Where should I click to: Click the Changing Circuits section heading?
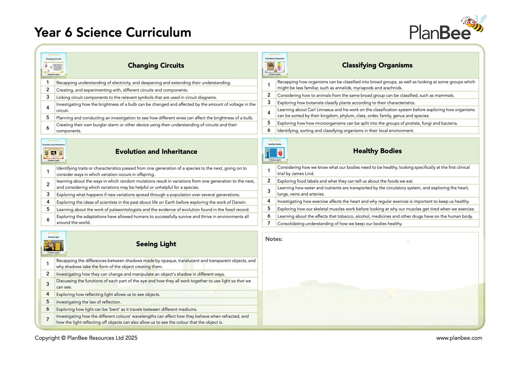pyautogui.click(x=156, y=66)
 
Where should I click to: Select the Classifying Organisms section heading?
pyautogui.click(x=377, y=65)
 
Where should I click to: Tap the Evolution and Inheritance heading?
pyautogui.click(x=156, y=152)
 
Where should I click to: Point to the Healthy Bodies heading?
pyautogui.click(x=377, y=151)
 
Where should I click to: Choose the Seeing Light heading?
pyautogui.click(x=156, y=244)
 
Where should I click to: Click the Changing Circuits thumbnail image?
pyautogui.click(x=53, y=65)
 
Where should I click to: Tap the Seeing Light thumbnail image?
pyautogui.click(x=53, y=244)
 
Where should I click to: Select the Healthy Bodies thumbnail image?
pyautogui.click(x=275, y=151)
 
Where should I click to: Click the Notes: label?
pyautogui.click(x=274, y=239)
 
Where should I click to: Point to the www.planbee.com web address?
pyautogui.click(x=459, y=338)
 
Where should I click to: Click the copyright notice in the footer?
pyautogui.click(x=86, y=338)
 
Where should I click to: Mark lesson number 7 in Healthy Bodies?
pyautogui.click(x=269, y=223)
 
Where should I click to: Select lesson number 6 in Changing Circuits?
pyautogui.click(x=48, y=128)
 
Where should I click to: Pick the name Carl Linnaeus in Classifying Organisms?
pyautogui.click(x=320, y=110)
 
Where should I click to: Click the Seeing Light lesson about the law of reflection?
pyautogui.click(x=89, y=302)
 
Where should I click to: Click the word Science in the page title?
pyautogui.click(x=99, y=32)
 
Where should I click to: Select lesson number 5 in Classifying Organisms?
pyautogui.click(x=269, y=123)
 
